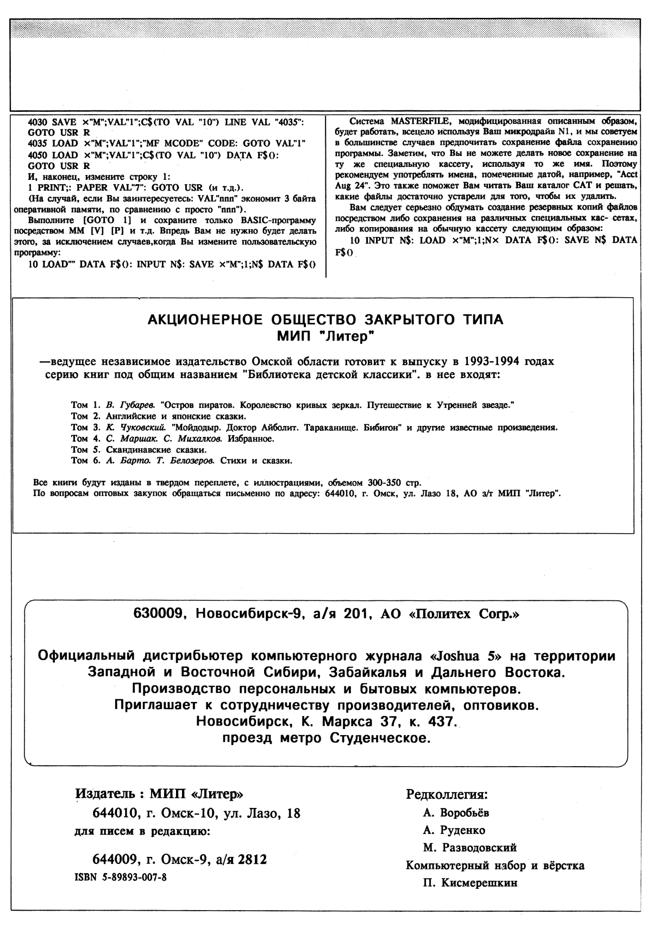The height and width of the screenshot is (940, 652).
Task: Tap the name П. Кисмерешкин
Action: pyautogui.click(x=470, y=882)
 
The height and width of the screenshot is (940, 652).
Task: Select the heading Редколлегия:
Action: pyautogui.click(x=447, y=794)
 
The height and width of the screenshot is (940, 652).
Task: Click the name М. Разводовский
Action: pyautogui.click(x=470, y=847)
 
